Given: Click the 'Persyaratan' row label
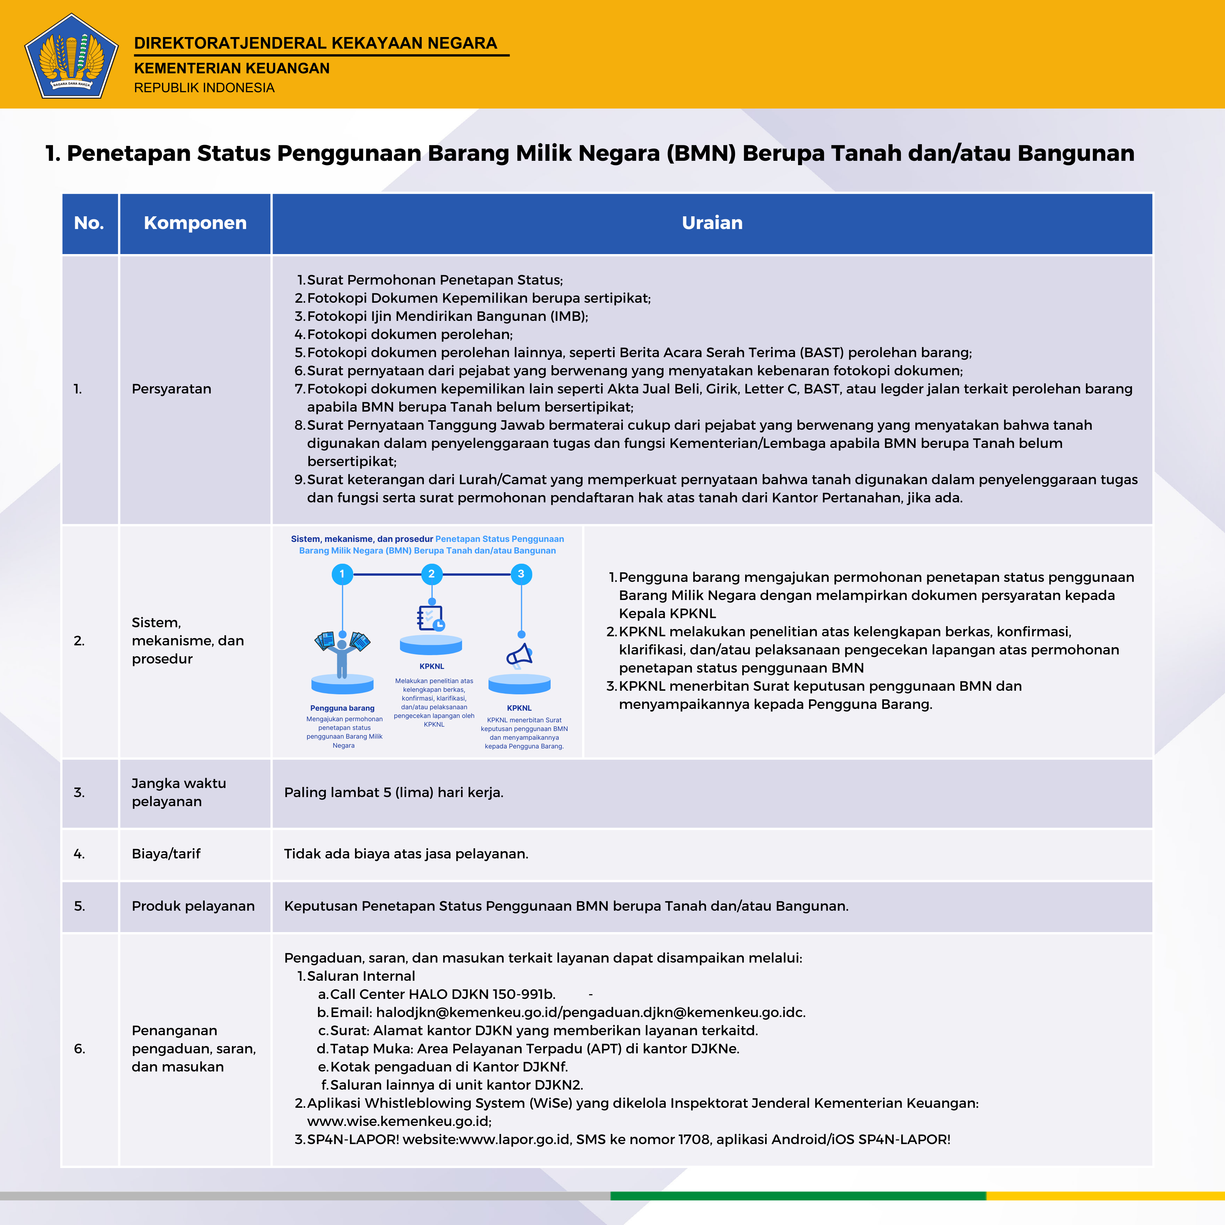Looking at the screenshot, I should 171,389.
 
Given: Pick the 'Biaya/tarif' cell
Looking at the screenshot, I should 166,853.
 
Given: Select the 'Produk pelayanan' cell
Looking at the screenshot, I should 193,906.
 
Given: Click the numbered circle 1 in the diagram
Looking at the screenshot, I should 342,574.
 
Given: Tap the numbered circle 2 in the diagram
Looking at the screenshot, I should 431,574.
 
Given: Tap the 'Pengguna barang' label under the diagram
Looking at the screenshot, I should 342,708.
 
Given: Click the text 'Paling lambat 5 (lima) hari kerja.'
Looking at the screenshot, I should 393,792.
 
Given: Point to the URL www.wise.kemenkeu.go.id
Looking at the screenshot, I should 399,1121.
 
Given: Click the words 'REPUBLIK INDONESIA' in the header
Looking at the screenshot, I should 204,87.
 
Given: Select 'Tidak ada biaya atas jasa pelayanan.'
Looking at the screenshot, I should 406,853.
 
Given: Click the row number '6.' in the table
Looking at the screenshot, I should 79,1048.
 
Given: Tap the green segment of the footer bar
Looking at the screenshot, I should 798,1196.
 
